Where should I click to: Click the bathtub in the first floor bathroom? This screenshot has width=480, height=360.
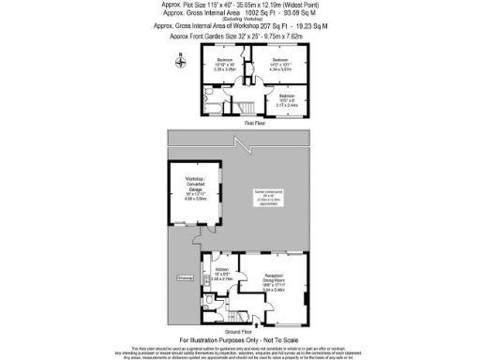click(x=212, y=110)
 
